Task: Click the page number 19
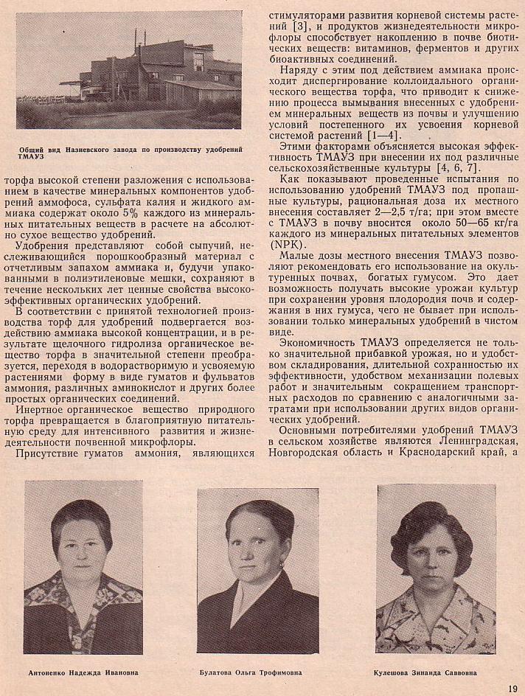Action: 512,689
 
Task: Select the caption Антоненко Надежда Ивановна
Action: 83,672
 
